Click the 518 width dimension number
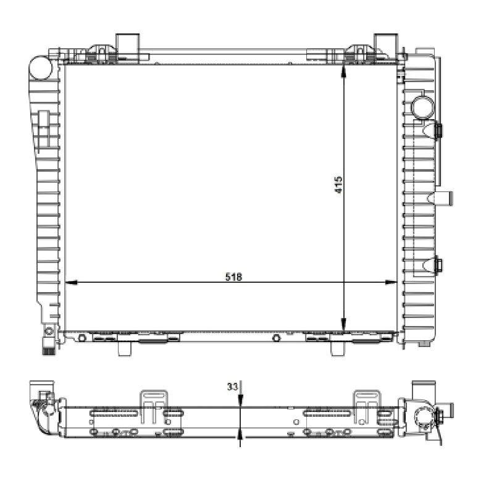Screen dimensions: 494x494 pyautogui.click(x=234, y=277)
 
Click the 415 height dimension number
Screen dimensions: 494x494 pyautogui.click(x=338, y=184)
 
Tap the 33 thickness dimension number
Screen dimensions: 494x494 pyautogui.click(x=232, y=387)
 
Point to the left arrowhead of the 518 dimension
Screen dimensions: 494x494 pyautogui.click(x=70, y=283)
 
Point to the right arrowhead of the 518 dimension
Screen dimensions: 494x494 pyautogui.click(x=391, y=283)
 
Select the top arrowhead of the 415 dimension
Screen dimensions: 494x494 pyautogui.click(x=344, y=71)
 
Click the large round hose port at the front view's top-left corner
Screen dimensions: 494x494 pyautogui.click(x=40, y=68)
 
